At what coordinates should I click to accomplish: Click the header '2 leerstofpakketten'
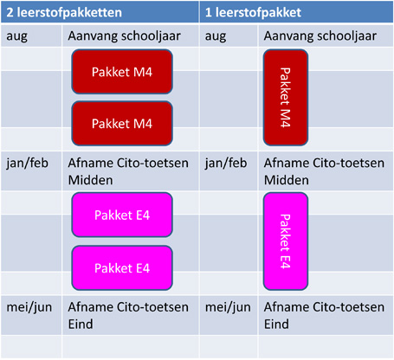64,13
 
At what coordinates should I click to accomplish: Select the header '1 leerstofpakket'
253,13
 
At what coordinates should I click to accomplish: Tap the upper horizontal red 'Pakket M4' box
122,72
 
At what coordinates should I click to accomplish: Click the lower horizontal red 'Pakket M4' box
122,124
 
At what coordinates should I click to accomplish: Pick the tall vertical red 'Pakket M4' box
286,98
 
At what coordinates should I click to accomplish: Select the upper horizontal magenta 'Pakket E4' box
122,215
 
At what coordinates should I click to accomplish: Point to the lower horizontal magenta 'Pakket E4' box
122,268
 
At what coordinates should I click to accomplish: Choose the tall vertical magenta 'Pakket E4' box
286,241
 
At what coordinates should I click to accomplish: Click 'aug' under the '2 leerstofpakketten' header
17,37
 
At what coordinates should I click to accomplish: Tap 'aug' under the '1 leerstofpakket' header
216,37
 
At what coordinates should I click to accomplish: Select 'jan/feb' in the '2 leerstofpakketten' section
27,164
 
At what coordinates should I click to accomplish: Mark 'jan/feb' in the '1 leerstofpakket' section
226,164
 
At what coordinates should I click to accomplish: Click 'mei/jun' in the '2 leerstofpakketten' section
29,307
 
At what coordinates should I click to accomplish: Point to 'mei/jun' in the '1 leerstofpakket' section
228,307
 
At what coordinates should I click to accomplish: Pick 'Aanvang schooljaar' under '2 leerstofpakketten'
125,36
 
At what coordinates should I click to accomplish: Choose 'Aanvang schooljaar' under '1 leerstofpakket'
320,36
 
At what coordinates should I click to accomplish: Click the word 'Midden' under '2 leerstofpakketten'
91,180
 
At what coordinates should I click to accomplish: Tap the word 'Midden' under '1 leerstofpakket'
287,180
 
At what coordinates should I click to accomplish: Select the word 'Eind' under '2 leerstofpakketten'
81,325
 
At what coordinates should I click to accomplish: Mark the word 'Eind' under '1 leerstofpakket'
276,325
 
